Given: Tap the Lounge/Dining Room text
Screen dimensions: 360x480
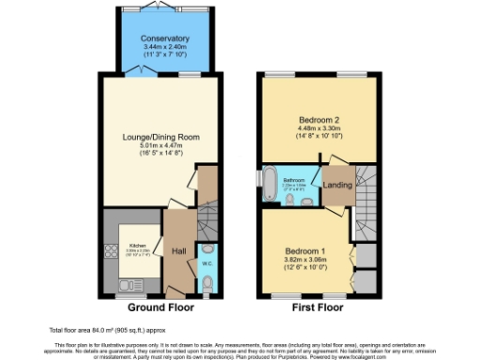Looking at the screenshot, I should point(157,138).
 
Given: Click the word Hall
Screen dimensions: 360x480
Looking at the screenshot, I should point(177,250).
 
